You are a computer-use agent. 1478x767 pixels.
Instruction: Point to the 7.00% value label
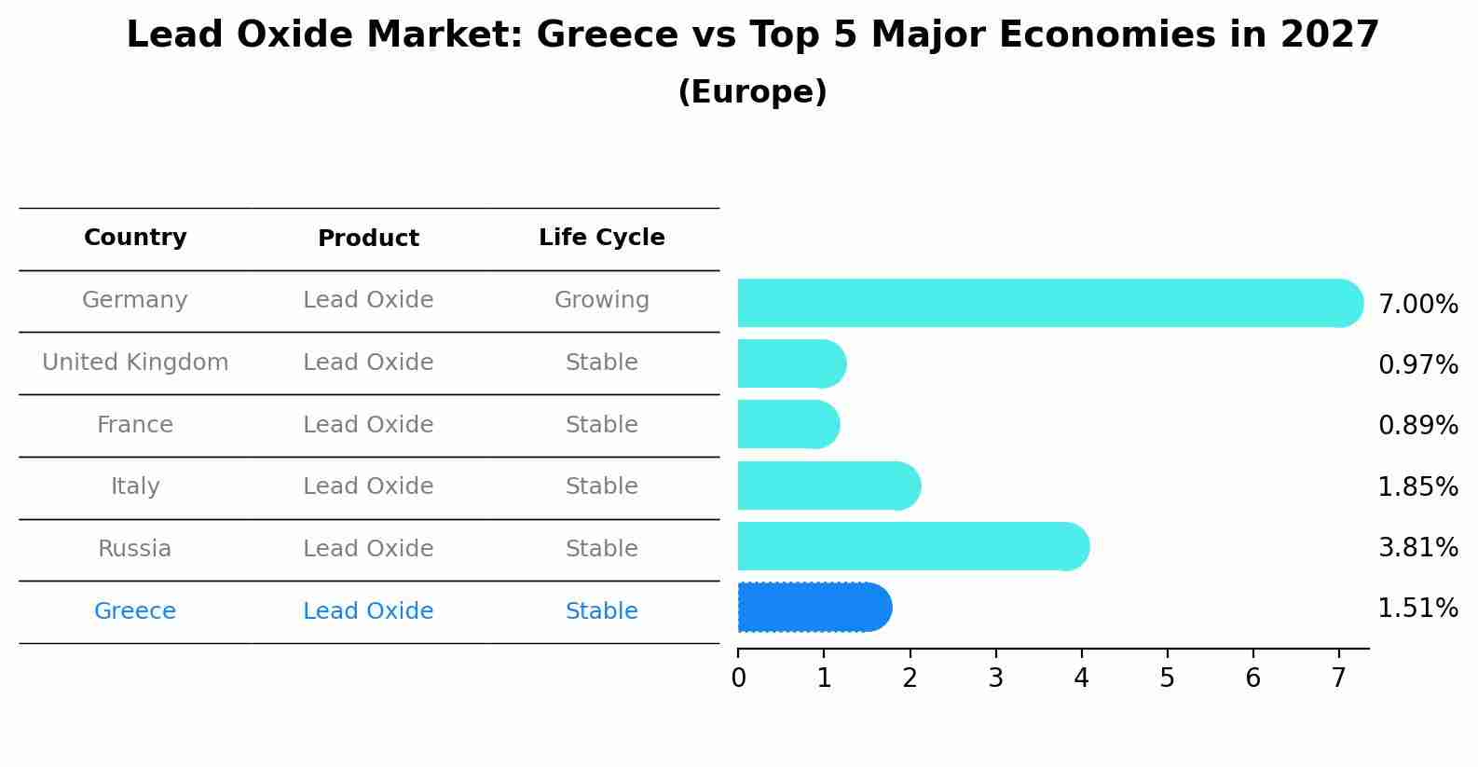pos(1417,305)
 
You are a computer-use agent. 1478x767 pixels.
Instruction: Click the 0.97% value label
pos(1417,365)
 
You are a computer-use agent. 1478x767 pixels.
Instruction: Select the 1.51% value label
pos(1417,609)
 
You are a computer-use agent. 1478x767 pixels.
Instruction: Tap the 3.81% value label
pos(1417,548)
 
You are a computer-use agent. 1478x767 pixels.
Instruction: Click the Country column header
pos(135,238)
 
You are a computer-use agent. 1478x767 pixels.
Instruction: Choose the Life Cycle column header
pos(601,238)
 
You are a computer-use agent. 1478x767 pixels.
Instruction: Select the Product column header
pos(368,239)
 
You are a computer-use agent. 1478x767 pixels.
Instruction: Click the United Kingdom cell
pos(135,363)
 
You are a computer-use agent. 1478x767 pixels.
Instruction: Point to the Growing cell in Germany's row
pos(601,300)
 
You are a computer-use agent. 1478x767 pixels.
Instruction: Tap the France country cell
pos(135,425)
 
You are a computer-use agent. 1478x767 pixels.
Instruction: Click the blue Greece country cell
pos(135,611)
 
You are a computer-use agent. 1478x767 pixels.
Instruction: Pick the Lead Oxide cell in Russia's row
pos(368,549)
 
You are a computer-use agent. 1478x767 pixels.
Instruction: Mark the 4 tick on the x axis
pos(1081,678)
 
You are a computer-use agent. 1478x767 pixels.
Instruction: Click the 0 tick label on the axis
pos(738,678)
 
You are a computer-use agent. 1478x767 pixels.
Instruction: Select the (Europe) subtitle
pos(752,92)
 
